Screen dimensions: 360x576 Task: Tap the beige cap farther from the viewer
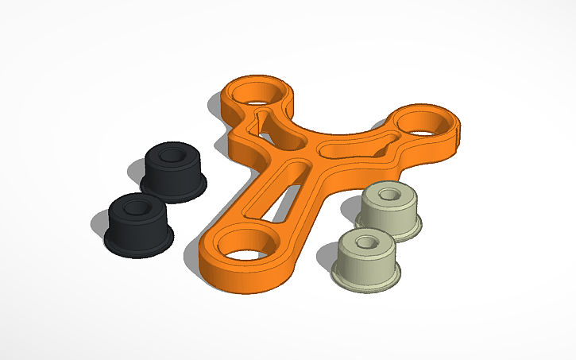pyautogui.click(x=388, y=211)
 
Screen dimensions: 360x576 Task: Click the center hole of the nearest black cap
pyautogui.click(x=138, y=207)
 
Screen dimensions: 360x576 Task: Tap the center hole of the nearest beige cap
pyautogui.click(x=366, y=241)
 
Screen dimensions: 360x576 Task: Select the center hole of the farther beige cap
pyautogui.click(x=389, y=193)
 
